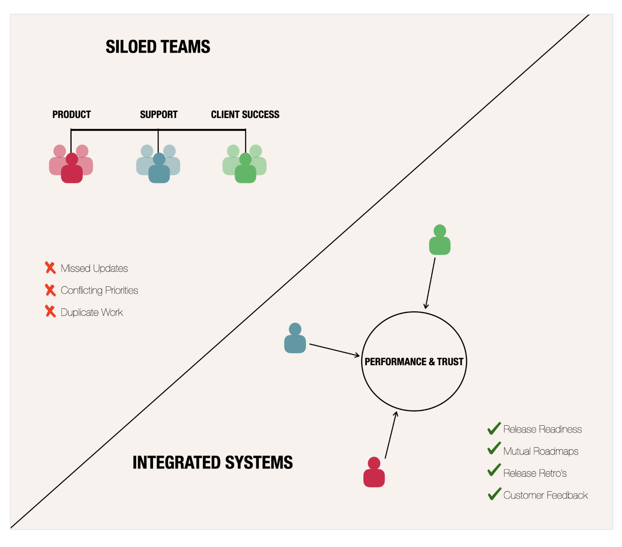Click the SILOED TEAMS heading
coord(158,47)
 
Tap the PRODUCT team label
coord(72,114)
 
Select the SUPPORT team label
coord(159,114)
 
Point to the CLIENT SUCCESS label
coord(245,114)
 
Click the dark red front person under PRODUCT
coord(72,170)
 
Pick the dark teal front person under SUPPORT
coord(159,170)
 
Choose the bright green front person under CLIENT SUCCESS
coord(246,170)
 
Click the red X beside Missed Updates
coord(50,268)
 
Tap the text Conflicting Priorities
coord(99,290)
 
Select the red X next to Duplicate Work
coord(50,312)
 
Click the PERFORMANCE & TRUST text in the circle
coord(414,362)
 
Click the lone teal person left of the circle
coord(295,339)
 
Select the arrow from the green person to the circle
coord(430,283)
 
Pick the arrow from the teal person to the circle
coord(334,350)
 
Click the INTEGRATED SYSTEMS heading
coord(213,463)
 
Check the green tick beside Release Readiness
coord(494,428)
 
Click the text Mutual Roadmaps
coord(541,451)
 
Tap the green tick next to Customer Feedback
coord(494,494)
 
